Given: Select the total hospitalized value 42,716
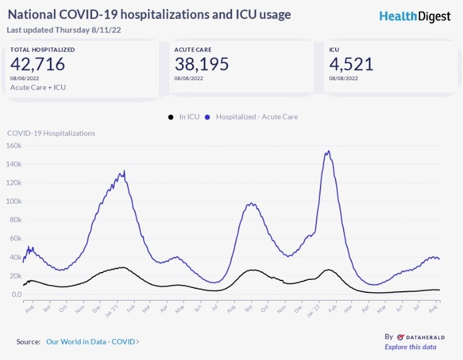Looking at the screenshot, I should point(37,64).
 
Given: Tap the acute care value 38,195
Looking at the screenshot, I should point(202,64).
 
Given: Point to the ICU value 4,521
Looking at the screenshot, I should point(351,64).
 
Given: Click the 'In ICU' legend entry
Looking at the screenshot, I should point(185,117).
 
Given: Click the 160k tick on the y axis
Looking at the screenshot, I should point(14,146).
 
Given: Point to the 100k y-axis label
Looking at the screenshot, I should point(14,201).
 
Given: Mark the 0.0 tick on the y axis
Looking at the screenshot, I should point(16,295).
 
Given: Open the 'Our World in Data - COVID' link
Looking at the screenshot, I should point(93,342).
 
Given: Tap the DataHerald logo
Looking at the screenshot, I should point(421,337).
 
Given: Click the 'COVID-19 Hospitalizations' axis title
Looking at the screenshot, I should point(51,133).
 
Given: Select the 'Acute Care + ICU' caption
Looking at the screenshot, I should point(38,87).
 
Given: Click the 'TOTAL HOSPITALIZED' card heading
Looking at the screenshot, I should point(42,50).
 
